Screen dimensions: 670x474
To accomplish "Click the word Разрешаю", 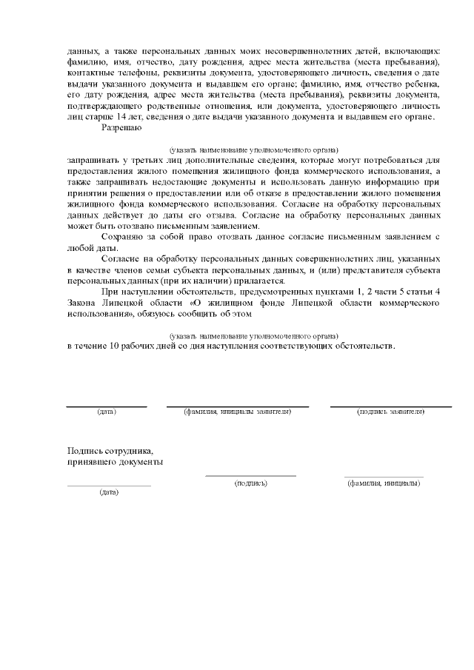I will pyautogui.click(x=121, y=128).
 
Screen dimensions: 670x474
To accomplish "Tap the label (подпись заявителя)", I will pyautogui.click(x=390, y=411).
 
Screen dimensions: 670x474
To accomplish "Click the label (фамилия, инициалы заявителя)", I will pyautogui.click(x=237, y=411).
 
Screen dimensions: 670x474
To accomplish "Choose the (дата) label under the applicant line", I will pyautogui.click(x=107, y=411).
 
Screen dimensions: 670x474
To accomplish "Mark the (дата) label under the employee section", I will pyautogui.click(x=109, y=492).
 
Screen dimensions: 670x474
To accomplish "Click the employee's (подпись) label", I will pyautogui.click(x=250, y=483).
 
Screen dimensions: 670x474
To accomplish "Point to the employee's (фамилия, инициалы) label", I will pyautogui.click(x=384, y=483).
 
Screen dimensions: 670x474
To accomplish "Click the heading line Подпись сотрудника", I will pyautogui.click(x=110, y=449).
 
